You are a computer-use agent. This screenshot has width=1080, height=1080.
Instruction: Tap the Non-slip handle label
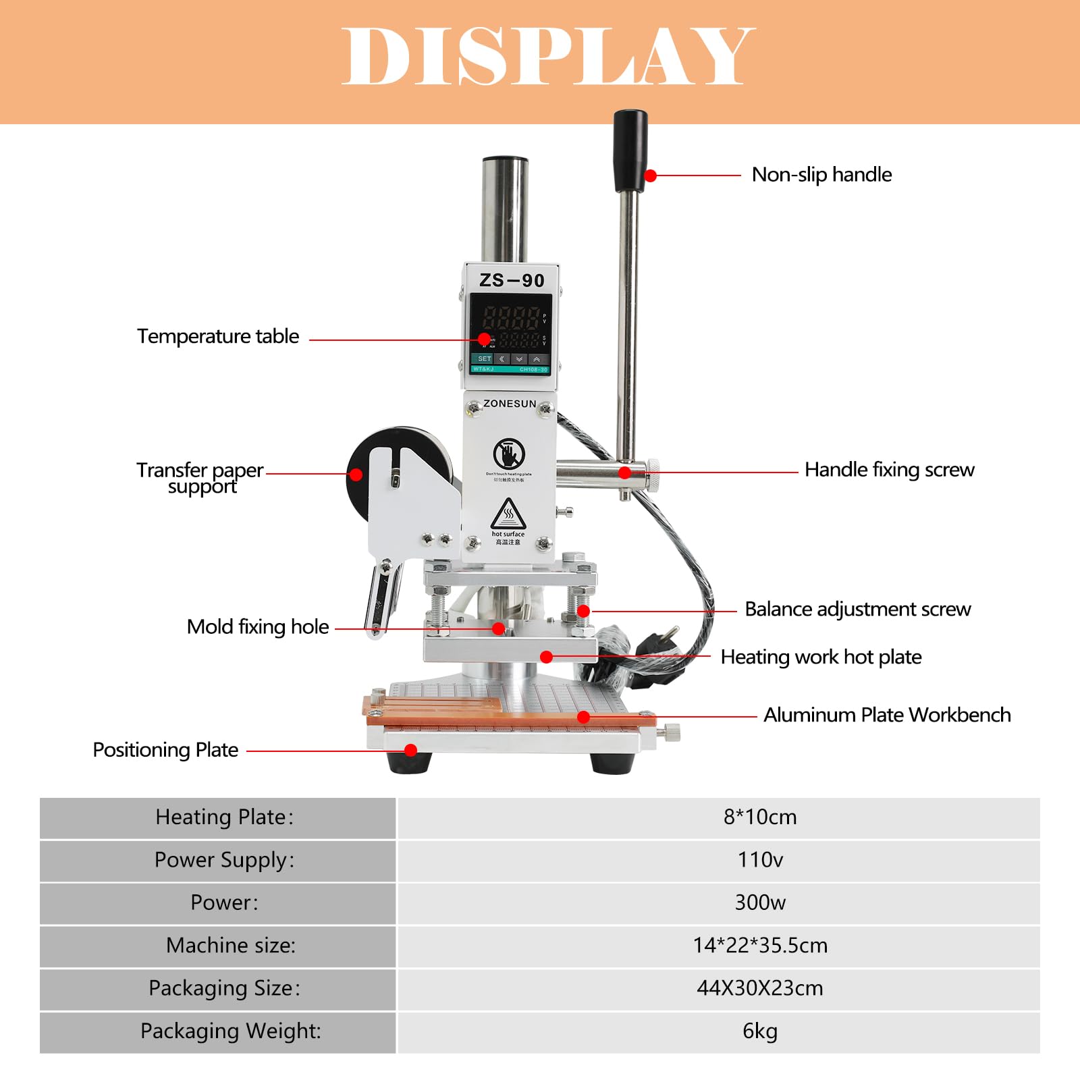pyautogui.click(x=821, y=175)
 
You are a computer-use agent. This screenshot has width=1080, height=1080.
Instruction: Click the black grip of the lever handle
pyautogui.click(x=630, y=151)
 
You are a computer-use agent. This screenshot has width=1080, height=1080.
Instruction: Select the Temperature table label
pyautogui.click(x=218, y=336)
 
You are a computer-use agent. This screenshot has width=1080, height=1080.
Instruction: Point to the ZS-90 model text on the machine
pyautogui.click(x=512, y=280)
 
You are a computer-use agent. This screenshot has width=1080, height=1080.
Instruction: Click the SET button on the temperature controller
pyautogui.click(x=484, y=359)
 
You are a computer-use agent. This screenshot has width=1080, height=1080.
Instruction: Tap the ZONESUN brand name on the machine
pyautogui.click(x=510, y=404)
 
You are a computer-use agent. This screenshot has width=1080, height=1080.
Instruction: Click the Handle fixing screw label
pyautogui.click(x=889, y=470)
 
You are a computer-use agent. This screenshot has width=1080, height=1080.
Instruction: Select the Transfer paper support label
pyautogui.click(x=200, y=478)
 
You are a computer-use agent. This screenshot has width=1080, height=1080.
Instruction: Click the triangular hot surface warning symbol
pyautogui.click(x=508, y=514)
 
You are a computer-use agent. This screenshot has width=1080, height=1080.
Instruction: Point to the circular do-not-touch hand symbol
pyautogui.click(x=508, y=454)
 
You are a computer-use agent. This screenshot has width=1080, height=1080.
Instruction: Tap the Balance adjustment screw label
pyautogui.click(x=857, y=610)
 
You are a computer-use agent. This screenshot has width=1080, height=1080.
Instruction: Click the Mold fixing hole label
pyautogui.click(x=258, y=627)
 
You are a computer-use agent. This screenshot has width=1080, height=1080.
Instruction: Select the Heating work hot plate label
pyautogui.click(x=821, y=657)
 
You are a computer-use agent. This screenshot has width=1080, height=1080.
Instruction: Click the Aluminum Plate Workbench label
pyautogui.click(x=887, y=715)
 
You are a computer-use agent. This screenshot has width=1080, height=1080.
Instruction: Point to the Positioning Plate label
pyautogui.click(x=165, y=750)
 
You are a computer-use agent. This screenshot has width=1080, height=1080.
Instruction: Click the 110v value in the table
pyautogui.click(x=760, y=860)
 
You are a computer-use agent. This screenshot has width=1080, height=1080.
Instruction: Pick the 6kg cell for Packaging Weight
pyautogui.click(x=760, y=1031)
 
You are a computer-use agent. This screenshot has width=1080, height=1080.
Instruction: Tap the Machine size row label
pyautogui.click(x=231, y=946)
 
